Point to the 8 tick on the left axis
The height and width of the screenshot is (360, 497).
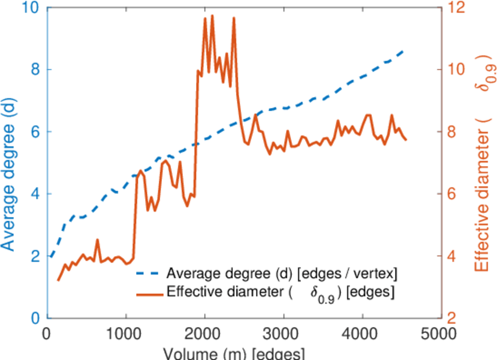click(34, 70)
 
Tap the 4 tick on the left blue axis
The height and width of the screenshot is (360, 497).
click(34, 194)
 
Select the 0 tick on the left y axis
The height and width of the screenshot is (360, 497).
click(34, 318)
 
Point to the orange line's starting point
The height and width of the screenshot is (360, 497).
click(58, 280)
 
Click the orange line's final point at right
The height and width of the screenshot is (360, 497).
click(406, 140)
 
